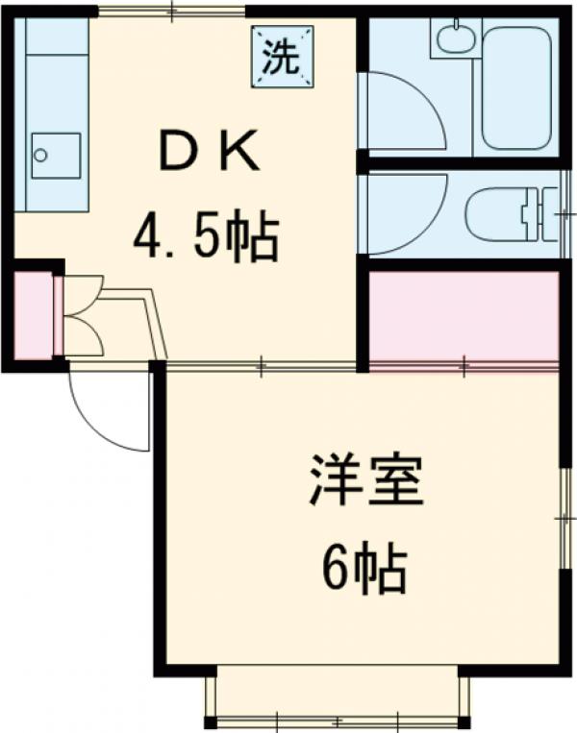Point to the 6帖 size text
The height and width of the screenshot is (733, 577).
pyautogui.click(x=364, y=570)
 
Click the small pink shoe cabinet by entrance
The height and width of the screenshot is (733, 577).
pyautogui.click(x=35, y=316)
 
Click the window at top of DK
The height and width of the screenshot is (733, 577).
pyautogui.click(x=173, y=12)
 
